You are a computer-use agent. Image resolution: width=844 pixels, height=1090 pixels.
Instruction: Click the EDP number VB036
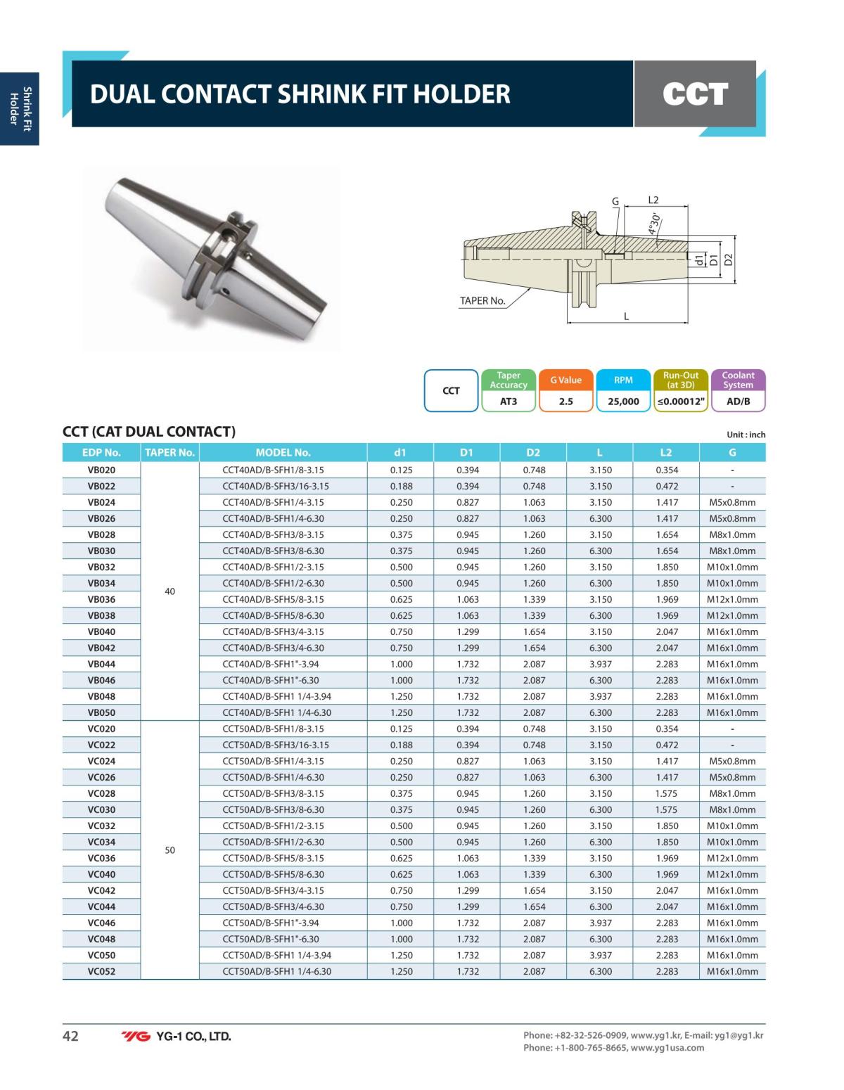tap(101, 599)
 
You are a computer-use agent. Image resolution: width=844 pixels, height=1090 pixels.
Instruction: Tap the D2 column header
tap(534, 452)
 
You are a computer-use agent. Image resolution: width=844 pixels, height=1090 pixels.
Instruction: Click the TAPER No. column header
tap(170, 452)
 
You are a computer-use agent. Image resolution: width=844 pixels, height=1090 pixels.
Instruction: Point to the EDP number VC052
tap(101, 971)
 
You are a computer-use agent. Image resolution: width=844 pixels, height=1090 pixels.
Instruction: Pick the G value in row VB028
tap(732, 534)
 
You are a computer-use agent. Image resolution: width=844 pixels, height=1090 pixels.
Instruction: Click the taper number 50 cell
tap(170, 850)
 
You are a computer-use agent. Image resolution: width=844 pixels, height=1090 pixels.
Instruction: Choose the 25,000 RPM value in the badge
tap(623, 401)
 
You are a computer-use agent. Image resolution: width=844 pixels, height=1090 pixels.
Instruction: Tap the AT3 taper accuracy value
tap(509, 401)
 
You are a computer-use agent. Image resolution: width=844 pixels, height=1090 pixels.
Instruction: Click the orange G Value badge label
tap(565, 380)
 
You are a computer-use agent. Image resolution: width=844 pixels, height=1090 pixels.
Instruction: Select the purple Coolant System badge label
tap(738, 380)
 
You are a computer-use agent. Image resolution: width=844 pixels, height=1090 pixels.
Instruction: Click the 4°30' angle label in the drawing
tap(654, 224)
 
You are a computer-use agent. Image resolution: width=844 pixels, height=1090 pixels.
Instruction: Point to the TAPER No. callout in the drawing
tap(482, 301)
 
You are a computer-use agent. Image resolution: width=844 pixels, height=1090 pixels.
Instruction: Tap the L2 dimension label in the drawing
tap(653, 200)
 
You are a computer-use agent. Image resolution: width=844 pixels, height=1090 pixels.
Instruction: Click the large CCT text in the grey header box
tap(695, 94)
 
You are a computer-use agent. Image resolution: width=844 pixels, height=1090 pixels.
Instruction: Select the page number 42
tap(70, 1036)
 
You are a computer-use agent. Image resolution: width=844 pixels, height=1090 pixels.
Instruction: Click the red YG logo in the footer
tap(136, 1036)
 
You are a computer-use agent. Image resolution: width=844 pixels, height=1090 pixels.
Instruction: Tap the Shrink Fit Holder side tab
tap(19, 106)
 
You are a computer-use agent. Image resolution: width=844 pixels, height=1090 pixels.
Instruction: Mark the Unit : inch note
tap(746, 435)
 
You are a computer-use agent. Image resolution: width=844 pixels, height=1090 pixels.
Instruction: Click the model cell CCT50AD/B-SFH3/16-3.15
tap(275, 745)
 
